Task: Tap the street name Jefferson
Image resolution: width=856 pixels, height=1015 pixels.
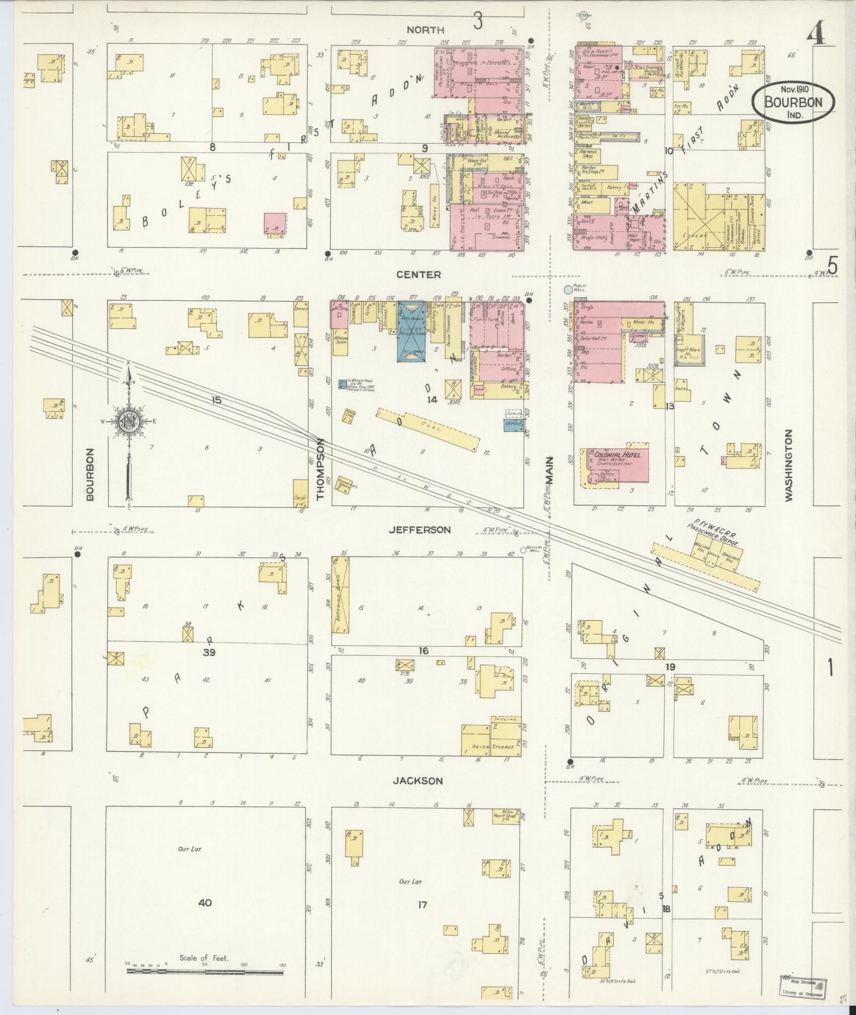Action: (419, 530)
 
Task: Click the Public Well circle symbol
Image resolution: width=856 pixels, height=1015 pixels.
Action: (568, 290)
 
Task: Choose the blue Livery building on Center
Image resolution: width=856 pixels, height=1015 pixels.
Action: (411, 332)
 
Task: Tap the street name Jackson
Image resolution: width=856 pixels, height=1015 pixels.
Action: (418, 780)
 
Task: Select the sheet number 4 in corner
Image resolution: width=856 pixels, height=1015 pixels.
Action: (816, 35)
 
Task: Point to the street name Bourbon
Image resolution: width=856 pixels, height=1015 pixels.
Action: (90, 474)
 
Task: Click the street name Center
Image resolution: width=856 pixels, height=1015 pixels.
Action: (419, 274)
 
